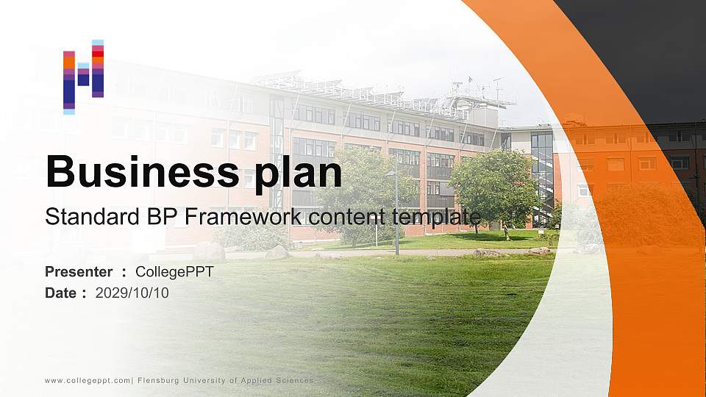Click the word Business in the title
142,171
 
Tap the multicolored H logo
84,77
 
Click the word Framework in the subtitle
243,216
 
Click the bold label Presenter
79,272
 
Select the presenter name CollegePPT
175,272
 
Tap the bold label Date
61,293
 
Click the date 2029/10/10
132,293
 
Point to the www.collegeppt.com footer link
88,381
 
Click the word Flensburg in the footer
158,381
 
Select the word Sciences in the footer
294,380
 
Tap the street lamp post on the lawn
396,212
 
